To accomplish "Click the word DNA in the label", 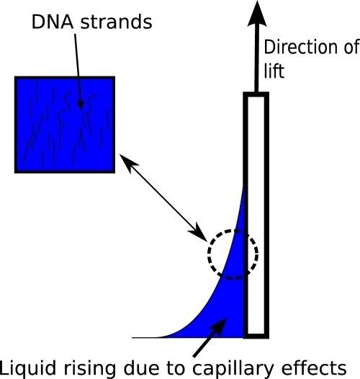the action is (x=53, y=22).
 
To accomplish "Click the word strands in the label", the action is (x=116, y=22).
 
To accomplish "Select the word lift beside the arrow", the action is (x=274, y=71).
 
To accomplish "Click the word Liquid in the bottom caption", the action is (x=30, y=368).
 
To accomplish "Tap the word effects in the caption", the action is (x=312, y=367).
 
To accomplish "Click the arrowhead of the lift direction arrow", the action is (x=257, y=13).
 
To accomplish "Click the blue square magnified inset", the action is (x=65, y=125).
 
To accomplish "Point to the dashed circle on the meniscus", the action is (x=209, y=254).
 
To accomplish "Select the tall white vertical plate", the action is (x=256, y=215).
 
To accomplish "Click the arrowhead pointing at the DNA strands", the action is (x=81, y=105).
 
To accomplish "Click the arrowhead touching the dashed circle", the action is (x=199, y=233).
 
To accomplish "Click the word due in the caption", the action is (x=141, y=368).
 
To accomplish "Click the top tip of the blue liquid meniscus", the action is (x=243, y=186).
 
